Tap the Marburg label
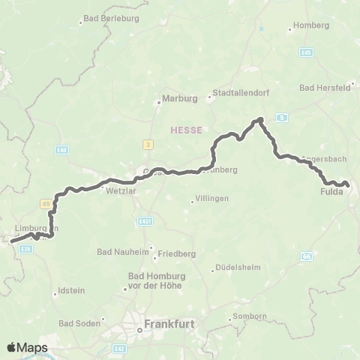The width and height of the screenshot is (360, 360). pos(179,97)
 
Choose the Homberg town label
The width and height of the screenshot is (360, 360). pos(312,25)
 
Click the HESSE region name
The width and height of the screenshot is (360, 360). pos(184,129)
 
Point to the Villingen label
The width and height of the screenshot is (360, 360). pos(211,199)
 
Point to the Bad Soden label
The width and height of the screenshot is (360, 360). pos(77,323)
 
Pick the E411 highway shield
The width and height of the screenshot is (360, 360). pos(145,220)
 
